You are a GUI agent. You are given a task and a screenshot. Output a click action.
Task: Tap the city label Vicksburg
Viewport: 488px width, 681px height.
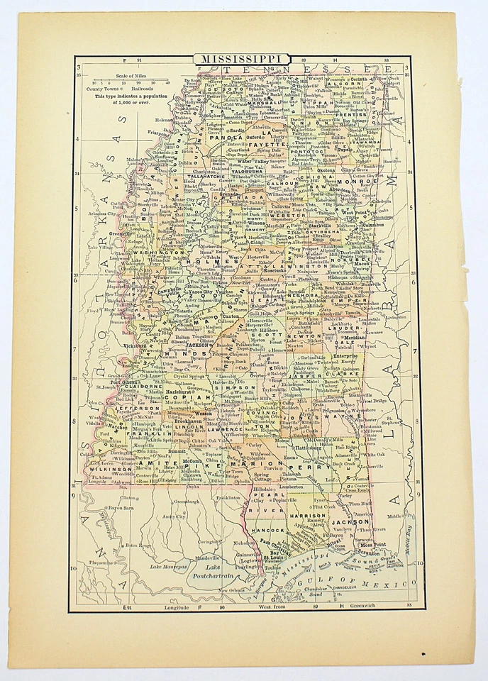click(x=143, y=347)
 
